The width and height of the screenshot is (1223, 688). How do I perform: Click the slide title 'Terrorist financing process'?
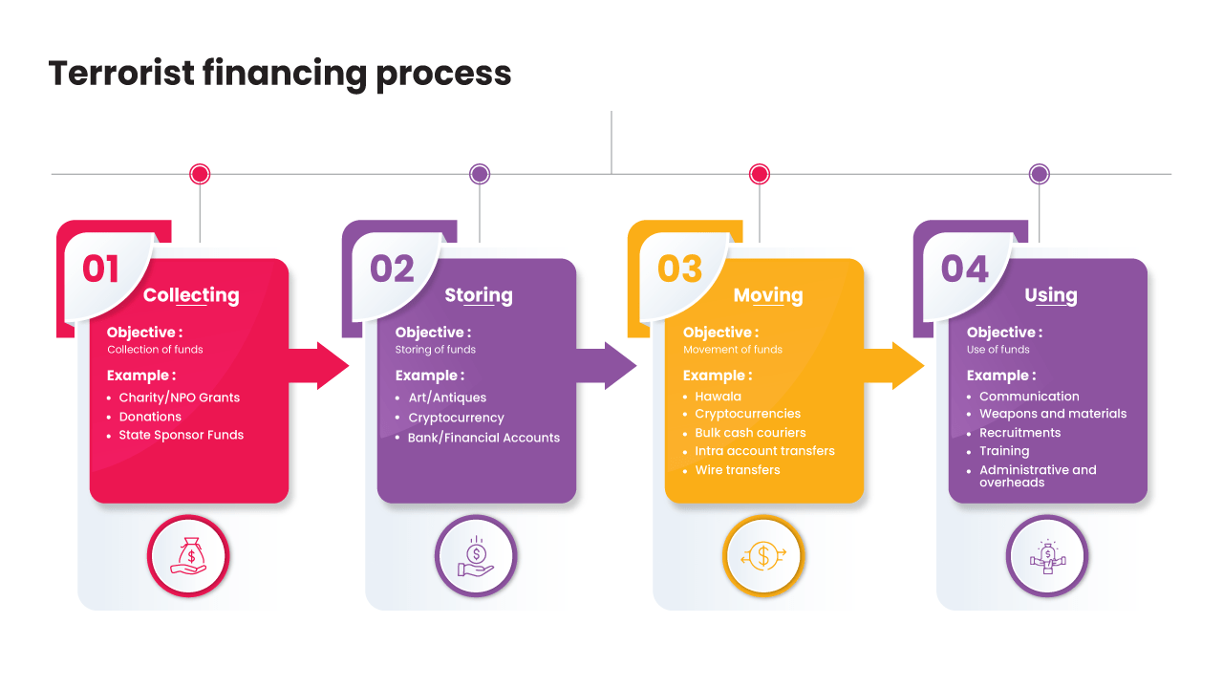click(x=280, y=73)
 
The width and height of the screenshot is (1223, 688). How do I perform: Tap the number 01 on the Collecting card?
click(x=100, y=269)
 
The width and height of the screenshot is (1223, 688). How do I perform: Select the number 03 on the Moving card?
click(x=679, y=269)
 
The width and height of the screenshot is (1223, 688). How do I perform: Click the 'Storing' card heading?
click(x=478, y=295)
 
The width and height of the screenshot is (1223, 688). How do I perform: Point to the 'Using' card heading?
click(x=1050, y=295)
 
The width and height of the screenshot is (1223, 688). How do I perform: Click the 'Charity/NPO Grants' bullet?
click(x=179, y=398)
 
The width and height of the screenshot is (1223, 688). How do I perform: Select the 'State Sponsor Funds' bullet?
click(x=181, y=435)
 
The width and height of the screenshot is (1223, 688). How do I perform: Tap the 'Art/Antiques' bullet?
click(x=446, y=398)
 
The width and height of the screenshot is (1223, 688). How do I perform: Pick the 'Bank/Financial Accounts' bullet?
click(x=483, y=438)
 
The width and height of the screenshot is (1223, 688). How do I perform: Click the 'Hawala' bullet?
click(x=718, y=397)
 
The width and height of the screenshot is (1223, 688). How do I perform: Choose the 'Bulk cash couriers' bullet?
click(x=750, y=433)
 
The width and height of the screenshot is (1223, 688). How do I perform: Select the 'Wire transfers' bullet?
click(x=737, y=470)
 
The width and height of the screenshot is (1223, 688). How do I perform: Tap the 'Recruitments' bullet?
click(x=1019, y=433)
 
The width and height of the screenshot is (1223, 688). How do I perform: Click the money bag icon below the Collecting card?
click(x=188, y=555)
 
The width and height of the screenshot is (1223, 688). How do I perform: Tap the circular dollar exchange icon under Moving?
click(x=763, y=555)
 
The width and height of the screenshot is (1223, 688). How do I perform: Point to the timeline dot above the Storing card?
click(x=480, y=174)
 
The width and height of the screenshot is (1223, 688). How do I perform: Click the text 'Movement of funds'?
click(x=732, y=350)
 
